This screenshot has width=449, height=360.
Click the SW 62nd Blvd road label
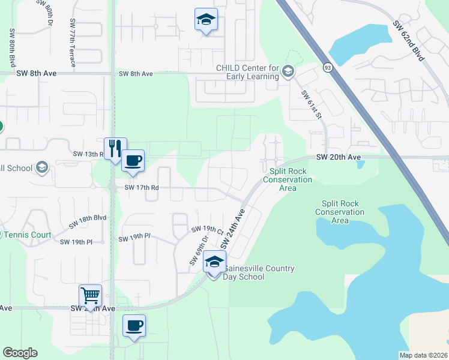[409, 41]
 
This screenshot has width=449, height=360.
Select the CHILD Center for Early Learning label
[248, 72]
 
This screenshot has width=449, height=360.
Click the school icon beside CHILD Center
[288, 72]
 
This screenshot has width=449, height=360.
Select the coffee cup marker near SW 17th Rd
[133, 160]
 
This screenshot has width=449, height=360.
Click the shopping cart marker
[90, 295]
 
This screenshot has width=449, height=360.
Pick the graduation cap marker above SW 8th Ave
[206, 19]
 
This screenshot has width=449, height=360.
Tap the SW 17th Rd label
[142, 187]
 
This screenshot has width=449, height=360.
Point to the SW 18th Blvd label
[87, 221]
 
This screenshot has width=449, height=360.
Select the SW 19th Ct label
[207, 229]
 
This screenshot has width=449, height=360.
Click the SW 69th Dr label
[199, 251]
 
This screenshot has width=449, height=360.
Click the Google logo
[20, 353]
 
